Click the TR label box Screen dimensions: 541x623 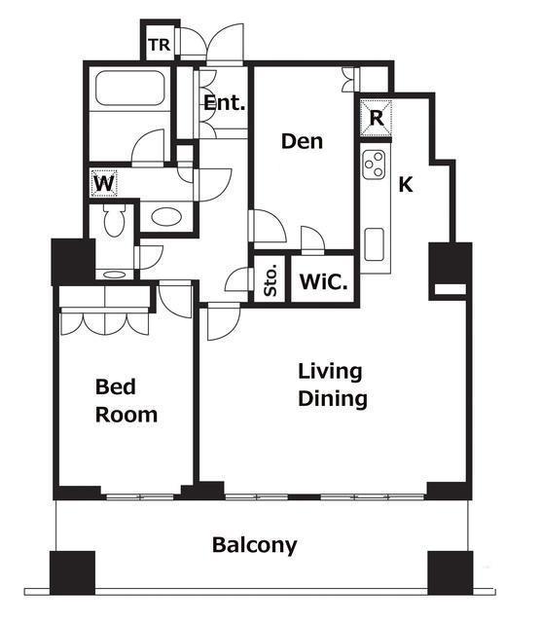(x=160, y=44)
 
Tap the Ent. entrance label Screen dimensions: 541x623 (x=224, y=103)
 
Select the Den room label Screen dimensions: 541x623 (x=302, y=141)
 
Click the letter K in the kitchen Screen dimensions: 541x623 (x=406, y=185)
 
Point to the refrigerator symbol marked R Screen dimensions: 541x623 (x=376, y=118)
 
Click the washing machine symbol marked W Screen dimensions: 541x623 (x=104, y=183)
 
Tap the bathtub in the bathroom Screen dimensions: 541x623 (x=129, y=89)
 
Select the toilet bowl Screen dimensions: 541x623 (x=115, y=220)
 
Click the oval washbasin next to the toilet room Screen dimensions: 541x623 (x=166, y=217)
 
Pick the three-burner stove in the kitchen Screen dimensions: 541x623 (x=375, y=165)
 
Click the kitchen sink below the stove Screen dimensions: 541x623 (x=375, y=244)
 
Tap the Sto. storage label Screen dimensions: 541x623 (x=270, y=282)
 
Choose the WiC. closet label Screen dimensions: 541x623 (x=323, y=281)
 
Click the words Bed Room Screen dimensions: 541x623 (x=126, y=401)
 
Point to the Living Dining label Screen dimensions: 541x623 (x=333, y=385)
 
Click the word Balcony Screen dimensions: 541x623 (x=254, y=545)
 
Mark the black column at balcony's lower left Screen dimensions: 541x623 (x=72, y=572)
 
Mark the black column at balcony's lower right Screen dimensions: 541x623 (x=451, y=572)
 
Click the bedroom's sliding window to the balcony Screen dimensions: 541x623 (x=141, y=496)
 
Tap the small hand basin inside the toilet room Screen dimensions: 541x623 (x=115, y=275)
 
